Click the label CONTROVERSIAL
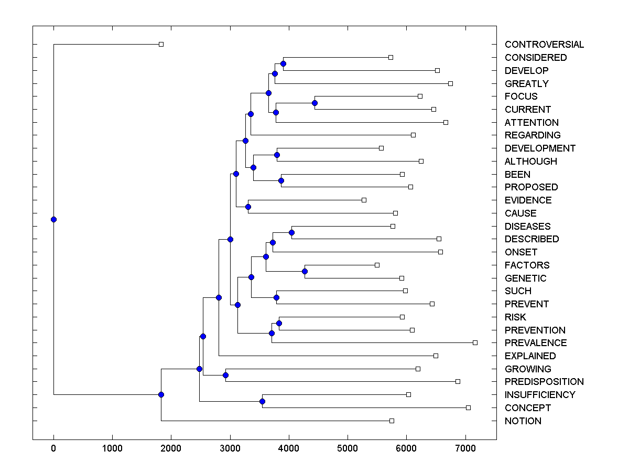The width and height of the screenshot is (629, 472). click(x=544, y=45)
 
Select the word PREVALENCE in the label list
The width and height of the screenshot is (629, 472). click(x=536, y=343)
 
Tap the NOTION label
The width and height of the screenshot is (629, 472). click(x=523, y=421)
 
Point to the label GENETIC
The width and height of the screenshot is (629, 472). click(x=525, y=278)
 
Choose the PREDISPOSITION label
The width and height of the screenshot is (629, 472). click(x=544, y=382)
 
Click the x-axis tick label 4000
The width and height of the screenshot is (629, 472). click(x=288, y=448)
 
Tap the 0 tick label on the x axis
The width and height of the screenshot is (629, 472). click(x=53, y=448)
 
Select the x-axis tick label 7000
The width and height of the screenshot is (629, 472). click(x=465, y=448)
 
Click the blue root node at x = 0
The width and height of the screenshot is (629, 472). click(x=53, y=219)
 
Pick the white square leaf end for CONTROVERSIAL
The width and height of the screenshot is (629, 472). click(x=161, y=44)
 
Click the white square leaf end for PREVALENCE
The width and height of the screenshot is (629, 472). click(x=475, y=342)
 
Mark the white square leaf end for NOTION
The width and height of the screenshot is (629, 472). click(x=392, y=421)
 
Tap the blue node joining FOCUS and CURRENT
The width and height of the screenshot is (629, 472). click(x=314, y=103)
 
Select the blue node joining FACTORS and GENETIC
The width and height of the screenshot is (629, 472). click(x=305, y=271)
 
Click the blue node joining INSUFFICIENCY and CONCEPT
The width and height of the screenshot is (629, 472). click(x=262, y=401)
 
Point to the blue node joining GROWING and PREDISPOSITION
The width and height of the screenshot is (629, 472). click(x=225, y=375)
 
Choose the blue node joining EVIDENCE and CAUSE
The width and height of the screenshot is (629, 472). click(x=248, y=207)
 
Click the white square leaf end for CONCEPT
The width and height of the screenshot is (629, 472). click(x=468, y=407)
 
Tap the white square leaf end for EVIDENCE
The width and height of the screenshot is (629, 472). click(x=364, y=200)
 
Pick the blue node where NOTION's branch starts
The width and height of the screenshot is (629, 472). click(x=161, y=394)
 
